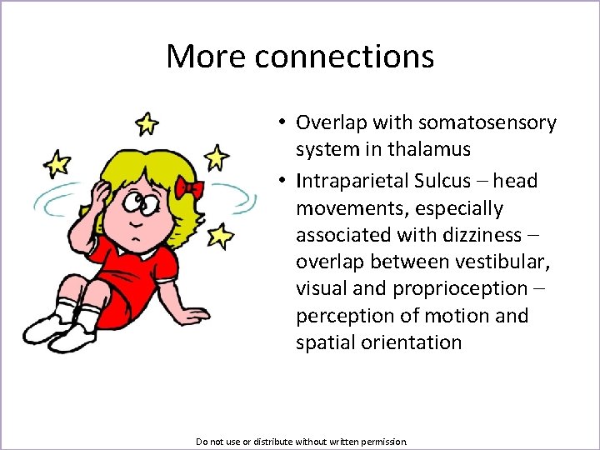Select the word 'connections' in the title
344,57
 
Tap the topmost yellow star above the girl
147,123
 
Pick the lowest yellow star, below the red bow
220,236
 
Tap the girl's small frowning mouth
133,226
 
